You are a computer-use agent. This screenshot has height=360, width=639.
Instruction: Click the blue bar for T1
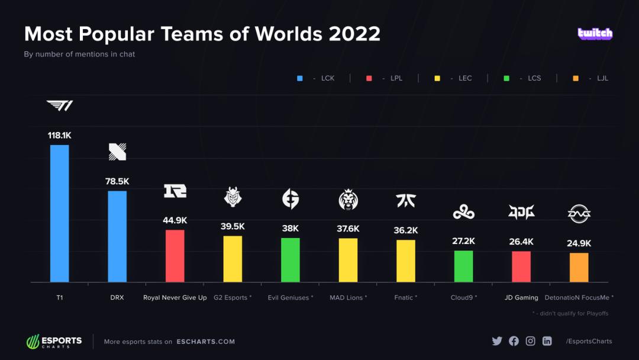[59, 213]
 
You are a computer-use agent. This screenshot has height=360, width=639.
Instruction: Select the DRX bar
[117, 236]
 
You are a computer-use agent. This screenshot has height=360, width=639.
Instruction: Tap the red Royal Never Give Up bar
[175, 256]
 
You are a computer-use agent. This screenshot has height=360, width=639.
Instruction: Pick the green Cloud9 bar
[463, 266]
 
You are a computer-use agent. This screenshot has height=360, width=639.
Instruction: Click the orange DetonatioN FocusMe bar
[579, 268]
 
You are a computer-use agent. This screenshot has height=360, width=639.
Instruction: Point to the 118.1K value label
[59, 136]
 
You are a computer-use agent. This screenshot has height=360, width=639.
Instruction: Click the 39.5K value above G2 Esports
[233, 227]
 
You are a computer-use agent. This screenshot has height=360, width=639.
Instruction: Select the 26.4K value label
[521, 242]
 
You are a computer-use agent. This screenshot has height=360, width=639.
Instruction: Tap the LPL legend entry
[385, 78]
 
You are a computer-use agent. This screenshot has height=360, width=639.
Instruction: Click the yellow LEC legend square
[437, 78]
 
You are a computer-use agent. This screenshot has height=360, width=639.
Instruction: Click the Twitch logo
[595, 34]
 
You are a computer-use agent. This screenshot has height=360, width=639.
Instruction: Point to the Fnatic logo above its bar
[406, 201]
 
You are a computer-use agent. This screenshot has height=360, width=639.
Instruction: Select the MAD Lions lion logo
[348, 200]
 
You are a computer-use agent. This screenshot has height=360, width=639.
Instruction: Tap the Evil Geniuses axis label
[290, 298]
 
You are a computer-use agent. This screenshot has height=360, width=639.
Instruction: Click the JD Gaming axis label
[521, 298]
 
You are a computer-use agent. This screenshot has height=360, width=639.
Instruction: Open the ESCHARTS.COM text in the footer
[205, 342]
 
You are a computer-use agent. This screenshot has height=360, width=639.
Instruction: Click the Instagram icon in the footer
[530, 341]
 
